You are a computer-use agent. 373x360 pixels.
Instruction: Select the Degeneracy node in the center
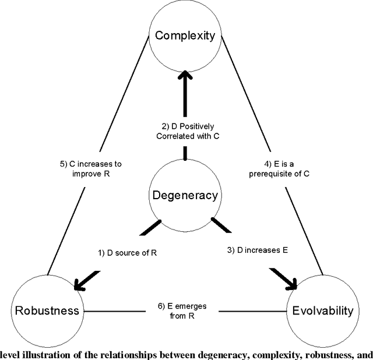(x=185, y=195)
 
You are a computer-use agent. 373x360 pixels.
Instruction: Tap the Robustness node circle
(x=47, y=310)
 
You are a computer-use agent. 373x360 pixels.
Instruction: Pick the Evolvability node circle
(x=322, y=310)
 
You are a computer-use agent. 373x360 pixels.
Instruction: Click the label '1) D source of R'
(x=127, y=253)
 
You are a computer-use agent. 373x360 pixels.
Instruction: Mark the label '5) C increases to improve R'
(x=90, y=169)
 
